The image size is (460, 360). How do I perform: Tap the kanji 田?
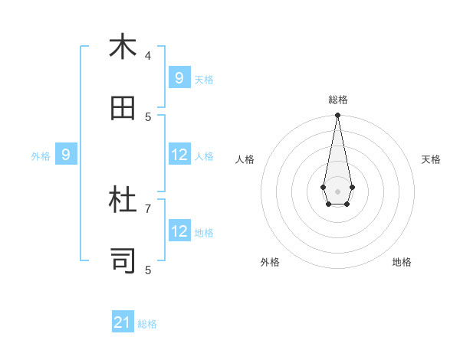123,108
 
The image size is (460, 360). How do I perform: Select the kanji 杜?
123,200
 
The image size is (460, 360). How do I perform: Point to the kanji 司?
123,261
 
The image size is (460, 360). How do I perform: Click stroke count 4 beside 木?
148,55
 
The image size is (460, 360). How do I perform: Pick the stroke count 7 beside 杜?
148,208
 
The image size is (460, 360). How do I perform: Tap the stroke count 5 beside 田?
148,116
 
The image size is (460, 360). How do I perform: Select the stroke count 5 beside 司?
148,270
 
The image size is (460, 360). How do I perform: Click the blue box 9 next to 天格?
179,78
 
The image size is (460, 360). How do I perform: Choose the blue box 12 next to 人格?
179,155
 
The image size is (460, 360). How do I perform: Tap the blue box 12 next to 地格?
179,231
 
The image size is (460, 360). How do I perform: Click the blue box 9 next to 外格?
66,155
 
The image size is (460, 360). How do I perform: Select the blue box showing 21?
123,322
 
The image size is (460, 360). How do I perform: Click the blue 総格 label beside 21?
147,324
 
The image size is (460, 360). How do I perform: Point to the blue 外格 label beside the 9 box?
41,156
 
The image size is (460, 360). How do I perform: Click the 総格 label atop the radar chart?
338,100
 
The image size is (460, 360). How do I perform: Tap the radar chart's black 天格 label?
431,159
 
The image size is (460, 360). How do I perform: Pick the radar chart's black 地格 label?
402,262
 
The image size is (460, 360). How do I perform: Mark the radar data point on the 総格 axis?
337,115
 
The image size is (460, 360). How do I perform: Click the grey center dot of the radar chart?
337,191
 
